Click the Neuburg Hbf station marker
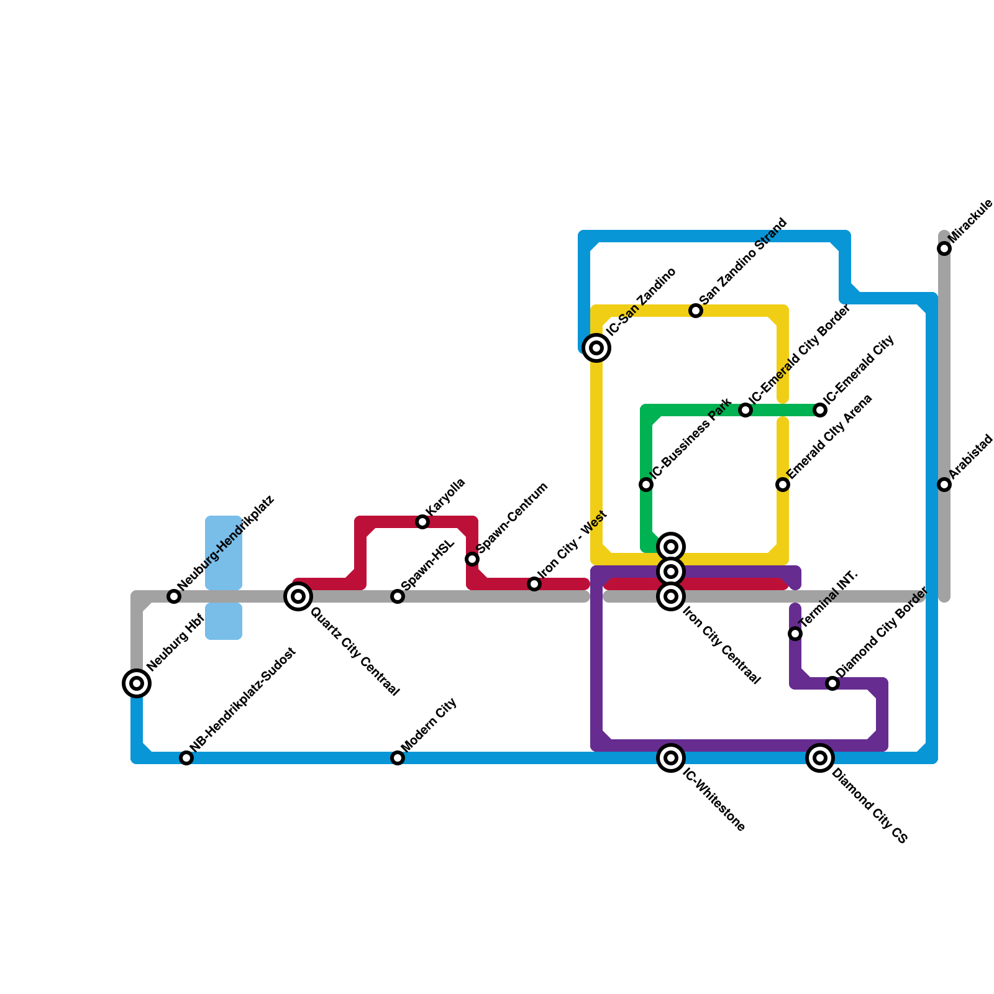[137, 683]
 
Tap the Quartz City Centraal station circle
[298, 596]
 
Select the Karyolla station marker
[422, 522]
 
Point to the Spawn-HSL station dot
[398, 596]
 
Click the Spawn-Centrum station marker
[472, 559]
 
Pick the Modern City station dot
[398, 758]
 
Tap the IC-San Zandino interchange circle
[596, 348]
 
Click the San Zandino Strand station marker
[696, 311]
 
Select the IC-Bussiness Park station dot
[646, 485]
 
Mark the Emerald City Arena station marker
[783, 485]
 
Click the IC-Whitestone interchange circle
[671, 758]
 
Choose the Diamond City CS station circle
[820, 758]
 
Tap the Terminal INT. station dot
[795, 634]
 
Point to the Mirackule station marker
[944, 248]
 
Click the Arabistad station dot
[944, 485]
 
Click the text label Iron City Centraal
[721, 645]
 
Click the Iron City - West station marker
[534, 584]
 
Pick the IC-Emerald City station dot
[820, 410]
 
